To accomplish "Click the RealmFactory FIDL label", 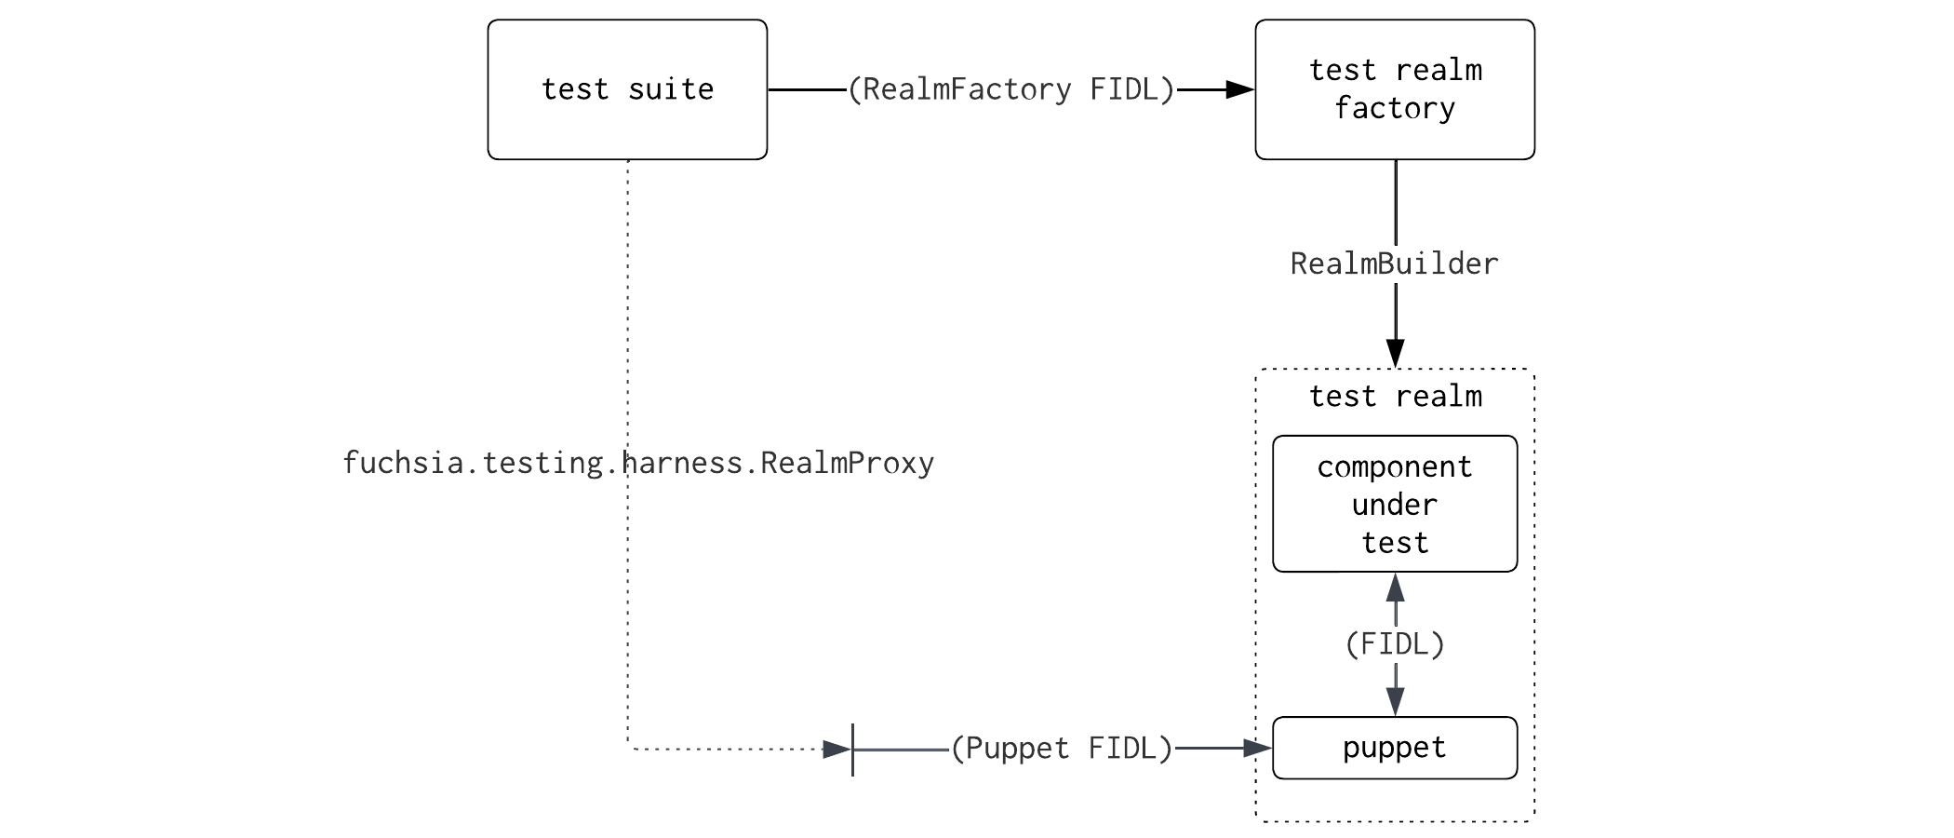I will [x=1011, y=89].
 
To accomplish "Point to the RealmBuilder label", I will [x=1394, y=264].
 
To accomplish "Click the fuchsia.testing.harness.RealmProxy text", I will [x=638, y=463].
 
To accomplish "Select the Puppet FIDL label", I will [x=1061, y=749].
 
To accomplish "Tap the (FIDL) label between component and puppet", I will [x=1395, y=644].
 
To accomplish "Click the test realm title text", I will [x=1395, y=397].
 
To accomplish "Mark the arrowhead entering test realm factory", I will [x=1241, y=89].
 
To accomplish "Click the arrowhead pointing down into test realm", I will [x=1395, y=353].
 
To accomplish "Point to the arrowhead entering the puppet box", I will [x=1258, y=748].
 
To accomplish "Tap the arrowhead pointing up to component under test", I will [x=1395, y=588].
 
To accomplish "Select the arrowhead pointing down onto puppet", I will [x=1395, y=701].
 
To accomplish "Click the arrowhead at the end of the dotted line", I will [x=837, y=749].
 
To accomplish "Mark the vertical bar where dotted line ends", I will [x=852, y=749].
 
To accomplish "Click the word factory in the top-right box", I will [x=1395, y=109].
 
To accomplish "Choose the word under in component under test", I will [x=1395, y=505].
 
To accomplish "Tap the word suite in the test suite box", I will [x=671, y=89].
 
